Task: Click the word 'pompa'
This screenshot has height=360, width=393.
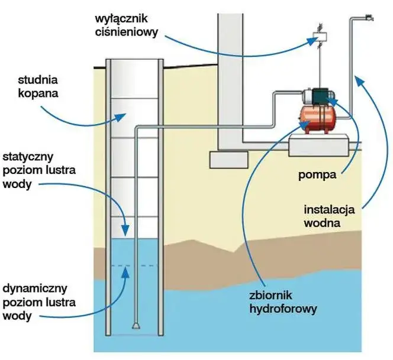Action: tap(314, 175)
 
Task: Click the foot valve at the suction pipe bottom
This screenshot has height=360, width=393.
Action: tap(136, 325)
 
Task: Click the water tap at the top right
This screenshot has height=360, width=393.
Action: tap(370, 16)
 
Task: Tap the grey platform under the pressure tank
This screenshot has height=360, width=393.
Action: tap(318, 145)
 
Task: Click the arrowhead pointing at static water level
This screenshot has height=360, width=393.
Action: tap(125, 228)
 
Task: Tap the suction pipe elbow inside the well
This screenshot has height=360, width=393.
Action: tap(138, 129)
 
